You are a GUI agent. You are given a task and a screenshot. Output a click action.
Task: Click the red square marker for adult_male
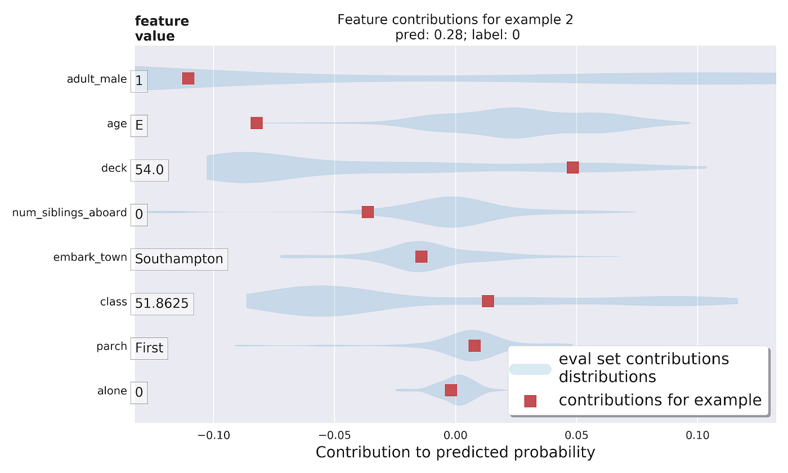[x=188, y=78]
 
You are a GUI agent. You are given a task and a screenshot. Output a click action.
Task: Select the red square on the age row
[x=257, y=123]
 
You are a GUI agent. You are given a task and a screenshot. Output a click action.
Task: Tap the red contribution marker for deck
[x=572, y=167]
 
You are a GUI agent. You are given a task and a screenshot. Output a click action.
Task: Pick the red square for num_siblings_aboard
[x=368, y=212]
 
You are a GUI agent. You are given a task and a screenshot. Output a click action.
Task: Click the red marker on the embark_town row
[x=421, y=256]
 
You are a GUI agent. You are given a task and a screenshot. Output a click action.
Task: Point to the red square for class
[x=488, y=301]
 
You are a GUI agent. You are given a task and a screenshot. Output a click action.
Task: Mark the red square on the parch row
[x=474, y=346]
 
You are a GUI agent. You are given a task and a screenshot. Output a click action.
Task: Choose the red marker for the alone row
[x=451, y=390]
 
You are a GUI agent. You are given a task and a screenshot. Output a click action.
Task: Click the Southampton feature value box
[x=179, y=259]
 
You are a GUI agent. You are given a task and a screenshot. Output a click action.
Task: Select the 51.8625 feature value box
[x=162, y=304]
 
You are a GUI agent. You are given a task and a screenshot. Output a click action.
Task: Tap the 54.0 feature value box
[x=149, y=169]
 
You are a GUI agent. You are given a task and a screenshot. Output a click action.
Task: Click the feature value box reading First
[x=149, y=348]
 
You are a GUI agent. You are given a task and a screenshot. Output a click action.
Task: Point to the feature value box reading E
[x=139, y=125]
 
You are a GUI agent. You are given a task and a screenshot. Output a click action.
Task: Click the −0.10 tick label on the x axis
[x=213, y=435]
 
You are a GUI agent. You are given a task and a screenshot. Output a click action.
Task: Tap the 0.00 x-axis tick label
[x=455, y=435]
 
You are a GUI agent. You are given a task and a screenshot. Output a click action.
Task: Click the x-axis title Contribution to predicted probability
[x=455, y=452]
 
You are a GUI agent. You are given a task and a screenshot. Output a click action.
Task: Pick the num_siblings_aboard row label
[x=70, y=212]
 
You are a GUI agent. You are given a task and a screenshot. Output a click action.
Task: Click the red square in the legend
[x=530, y=401]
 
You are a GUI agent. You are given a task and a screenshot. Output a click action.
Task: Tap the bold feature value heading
[x=162, y=29]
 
